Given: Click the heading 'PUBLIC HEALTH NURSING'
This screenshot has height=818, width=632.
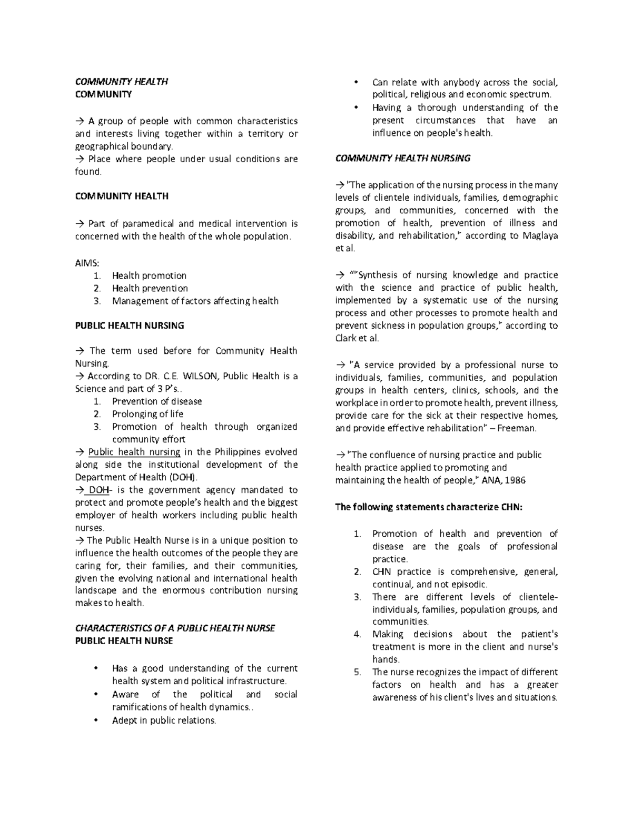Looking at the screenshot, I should (x=130, y=326).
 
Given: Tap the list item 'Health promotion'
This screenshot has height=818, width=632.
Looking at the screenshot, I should (x=149, y=275).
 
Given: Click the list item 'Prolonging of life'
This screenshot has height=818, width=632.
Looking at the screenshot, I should (x=147, y=414).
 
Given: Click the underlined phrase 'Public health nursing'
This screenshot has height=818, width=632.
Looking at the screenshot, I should (x=134, y=452).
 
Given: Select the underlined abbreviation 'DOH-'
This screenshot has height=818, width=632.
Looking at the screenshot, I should (x=99, y=490).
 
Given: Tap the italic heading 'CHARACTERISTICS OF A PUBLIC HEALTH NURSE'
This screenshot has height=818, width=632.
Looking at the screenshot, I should (x=175, y=628).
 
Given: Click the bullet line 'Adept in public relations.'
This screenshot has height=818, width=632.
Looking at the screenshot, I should (x=164, y=720).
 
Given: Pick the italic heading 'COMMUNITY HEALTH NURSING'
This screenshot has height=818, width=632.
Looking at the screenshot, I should (x=403, y=159).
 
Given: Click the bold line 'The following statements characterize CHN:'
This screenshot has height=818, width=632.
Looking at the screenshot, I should (x=429, y=507).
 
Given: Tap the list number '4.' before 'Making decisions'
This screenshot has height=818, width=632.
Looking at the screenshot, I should (x=358, y=634).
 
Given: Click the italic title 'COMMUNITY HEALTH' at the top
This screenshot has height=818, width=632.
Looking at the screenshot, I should (x=122, y=82).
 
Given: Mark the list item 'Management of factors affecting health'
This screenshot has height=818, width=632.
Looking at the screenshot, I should (x=195, y=301).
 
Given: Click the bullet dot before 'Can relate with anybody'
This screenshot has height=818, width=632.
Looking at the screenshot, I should (x=357, y=82).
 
